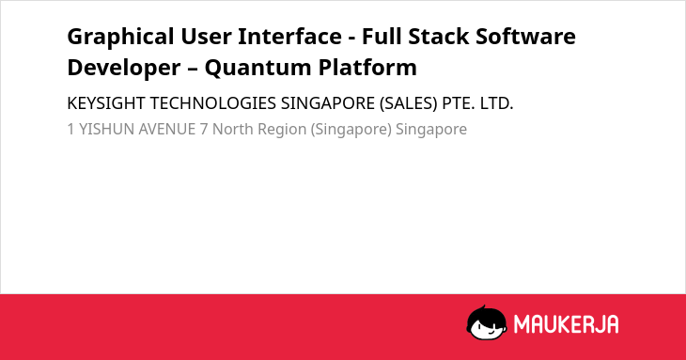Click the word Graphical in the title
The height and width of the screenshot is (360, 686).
click(120, 38)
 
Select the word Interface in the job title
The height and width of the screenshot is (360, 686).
click(289, 36)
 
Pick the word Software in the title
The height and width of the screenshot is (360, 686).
click(526, 36)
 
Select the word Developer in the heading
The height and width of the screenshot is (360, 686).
click(124, 69)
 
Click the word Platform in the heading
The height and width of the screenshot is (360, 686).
click(367, 68)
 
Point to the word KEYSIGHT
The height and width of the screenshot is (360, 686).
click(106, 103)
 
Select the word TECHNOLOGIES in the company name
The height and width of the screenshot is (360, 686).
click(213, 103)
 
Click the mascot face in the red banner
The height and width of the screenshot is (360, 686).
click(487, 322)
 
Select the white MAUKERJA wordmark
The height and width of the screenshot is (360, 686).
click(566, 324)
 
